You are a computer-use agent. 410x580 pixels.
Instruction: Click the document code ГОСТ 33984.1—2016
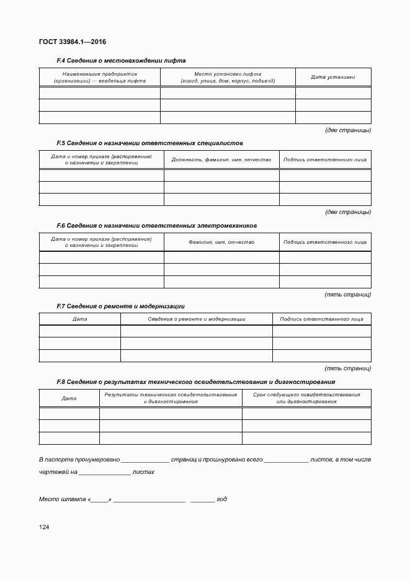coord(73,42)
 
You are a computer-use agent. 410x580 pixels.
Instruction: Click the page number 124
coord(43,527)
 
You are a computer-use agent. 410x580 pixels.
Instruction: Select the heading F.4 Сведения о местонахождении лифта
coord(121,61)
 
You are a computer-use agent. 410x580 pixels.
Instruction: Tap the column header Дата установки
coord(333,78)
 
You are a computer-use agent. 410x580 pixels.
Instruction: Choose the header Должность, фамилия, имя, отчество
coord(221,159)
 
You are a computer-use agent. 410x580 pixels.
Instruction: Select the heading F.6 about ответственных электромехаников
coord(156,225)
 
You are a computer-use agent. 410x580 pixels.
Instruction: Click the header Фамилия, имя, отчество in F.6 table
coord(221,242)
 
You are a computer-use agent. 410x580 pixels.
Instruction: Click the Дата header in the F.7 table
coord(79,319)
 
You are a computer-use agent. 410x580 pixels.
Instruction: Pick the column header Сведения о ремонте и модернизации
coord(197,319)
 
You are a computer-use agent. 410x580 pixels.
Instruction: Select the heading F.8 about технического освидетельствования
coord(195,382)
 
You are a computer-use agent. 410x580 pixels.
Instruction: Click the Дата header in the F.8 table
coord(69,398)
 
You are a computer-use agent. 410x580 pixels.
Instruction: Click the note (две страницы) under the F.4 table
coord(348,130)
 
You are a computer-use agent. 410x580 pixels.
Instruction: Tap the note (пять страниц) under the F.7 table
coord(348,368)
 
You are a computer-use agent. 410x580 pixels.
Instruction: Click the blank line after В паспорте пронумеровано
coord(145,460)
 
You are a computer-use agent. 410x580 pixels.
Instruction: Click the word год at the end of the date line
coord(221,499)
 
